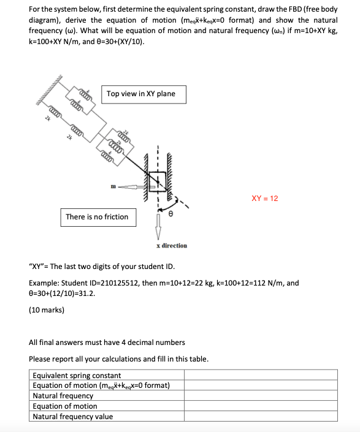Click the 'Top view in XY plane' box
point(140,94)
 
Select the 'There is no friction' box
point(97,217)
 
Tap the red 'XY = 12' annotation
point(265,199)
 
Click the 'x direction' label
point(172,245)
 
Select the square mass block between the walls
point(156,181)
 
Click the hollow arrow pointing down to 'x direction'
point(158,225)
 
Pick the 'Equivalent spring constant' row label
point(77,375)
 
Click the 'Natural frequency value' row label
point(72,417)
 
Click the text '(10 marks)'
point(47,310)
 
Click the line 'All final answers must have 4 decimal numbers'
point(107,342)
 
